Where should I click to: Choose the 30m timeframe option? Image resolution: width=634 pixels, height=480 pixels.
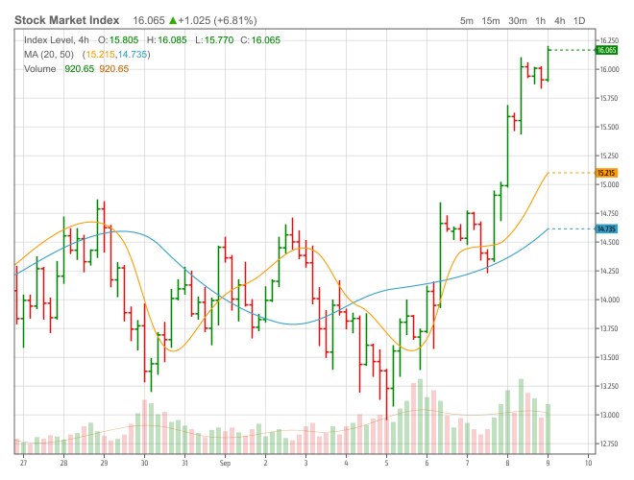pyautogui.click(x=517, y=20)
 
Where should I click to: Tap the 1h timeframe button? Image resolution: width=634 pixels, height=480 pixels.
pyautogui.click(x=541, y=20)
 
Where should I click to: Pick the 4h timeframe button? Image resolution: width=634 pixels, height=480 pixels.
pyautogui.click(x=559, y=20)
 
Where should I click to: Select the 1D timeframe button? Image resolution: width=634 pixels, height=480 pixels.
pyautogui.click(x=579, y=20)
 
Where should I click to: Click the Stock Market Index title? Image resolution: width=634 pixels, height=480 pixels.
pyautogui.click(x=66, y=19)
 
